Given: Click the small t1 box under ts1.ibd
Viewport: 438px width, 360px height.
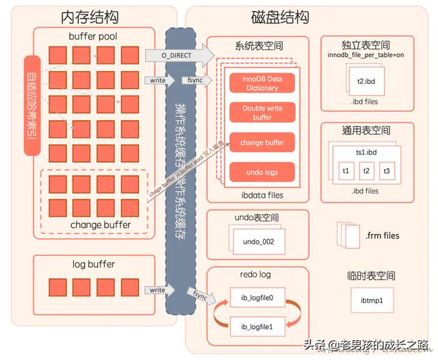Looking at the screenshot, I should (x=346, y=170).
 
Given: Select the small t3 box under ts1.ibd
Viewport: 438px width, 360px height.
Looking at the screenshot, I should (x=387, y=170).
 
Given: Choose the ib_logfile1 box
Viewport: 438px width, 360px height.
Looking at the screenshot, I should (x=257, y=328).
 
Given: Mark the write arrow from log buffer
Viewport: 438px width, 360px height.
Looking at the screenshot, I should (x=157, y=290).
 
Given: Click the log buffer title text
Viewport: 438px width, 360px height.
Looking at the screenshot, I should (x=93, y=264).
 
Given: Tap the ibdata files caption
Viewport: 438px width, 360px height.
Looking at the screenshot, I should (x=257, y=195).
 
